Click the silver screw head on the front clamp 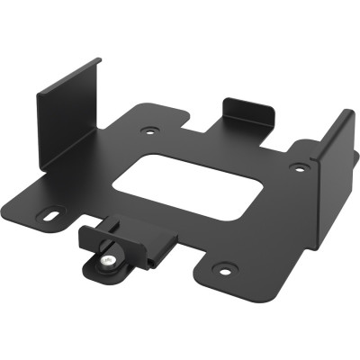(108, 262)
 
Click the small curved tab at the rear (247, 112)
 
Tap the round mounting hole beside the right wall (298, 166)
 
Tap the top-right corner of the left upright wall (99, 61)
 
